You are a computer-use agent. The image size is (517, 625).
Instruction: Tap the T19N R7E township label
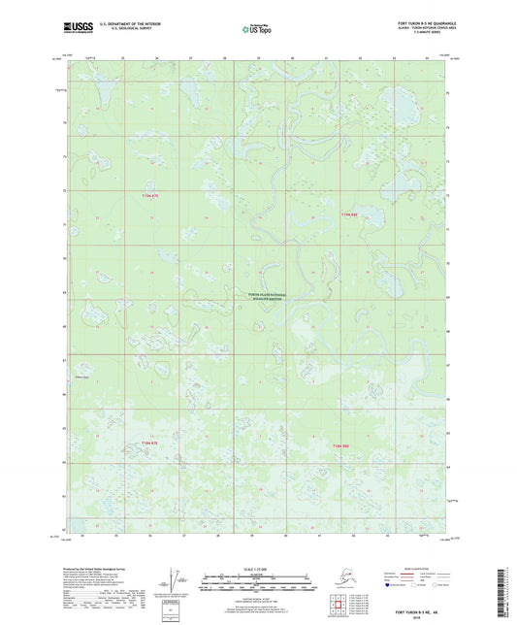coord(148,196)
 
